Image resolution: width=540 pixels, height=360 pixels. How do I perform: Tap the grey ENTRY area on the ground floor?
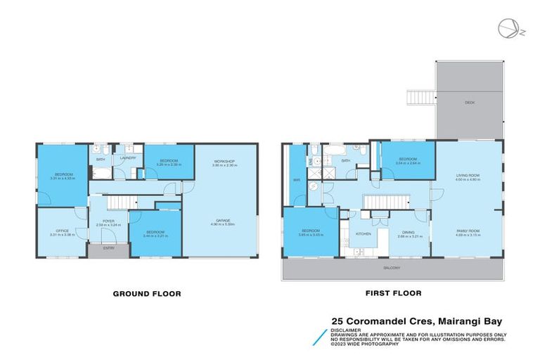pyautogui.click(x=109, y=248)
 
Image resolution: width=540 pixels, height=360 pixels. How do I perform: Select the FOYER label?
pyautogui.click(x=108, y=221)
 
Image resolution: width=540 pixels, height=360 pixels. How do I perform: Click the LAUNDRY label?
pyautogui.click(x=128, y=158)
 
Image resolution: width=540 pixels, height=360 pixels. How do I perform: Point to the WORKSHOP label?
pyautogui.click(x=226, y=162)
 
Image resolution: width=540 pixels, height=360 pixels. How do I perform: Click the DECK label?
pyautogui.click(x=469, y=103)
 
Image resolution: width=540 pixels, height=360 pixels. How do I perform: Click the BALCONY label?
pyautogui.click(x=392, y=268)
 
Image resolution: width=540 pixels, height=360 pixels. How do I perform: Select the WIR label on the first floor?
pyautogui.click(x=296, y=179)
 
